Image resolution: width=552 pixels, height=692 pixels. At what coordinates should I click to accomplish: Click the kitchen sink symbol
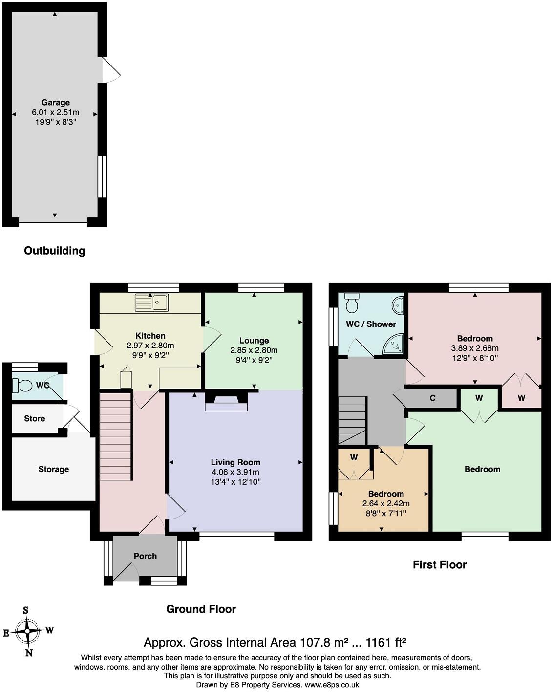coord(152,303)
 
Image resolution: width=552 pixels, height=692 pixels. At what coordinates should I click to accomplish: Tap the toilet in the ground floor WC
coord(22,385)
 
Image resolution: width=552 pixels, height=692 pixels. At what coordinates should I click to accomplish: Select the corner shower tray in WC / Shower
coord(394,344)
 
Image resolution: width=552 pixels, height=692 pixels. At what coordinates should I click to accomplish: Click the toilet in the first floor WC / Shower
coord(352,303)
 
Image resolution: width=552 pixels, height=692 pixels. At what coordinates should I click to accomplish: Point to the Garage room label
coord(55,103)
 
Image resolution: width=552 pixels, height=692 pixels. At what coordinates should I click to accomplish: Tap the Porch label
coord(145,556)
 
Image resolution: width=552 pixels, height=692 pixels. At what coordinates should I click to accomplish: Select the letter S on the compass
coord(26,610)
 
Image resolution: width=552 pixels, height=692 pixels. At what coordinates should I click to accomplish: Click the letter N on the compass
coord(29,653)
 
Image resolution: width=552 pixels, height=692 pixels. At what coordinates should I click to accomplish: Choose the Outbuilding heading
coord(55,251)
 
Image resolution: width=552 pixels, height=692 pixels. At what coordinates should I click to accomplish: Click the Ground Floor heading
coord(201,609)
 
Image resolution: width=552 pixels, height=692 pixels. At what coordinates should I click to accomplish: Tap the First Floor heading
coord(440,564)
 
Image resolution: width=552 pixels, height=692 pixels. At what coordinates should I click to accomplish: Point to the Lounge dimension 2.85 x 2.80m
coord(254,350)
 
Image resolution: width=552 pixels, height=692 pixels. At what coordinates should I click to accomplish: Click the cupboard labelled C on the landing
coord(432,398)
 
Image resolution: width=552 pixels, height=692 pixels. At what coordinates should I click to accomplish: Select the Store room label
coord(34,419)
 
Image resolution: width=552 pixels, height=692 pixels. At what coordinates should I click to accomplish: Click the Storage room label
coord(54,469)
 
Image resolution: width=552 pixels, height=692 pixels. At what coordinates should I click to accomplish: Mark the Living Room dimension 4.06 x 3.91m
coord(235,472)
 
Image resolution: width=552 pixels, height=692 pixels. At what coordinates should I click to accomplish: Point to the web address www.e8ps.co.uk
coord(332,685)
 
